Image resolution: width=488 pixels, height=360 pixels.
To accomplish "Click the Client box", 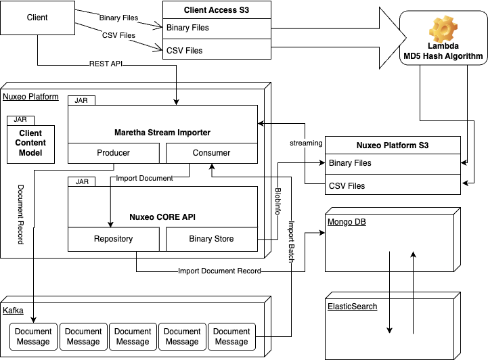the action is tap(37, 18).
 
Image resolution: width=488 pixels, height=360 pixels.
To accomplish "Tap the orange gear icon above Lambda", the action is tap(443, 29).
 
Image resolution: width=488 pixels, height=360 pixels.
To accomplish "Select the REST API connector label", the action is tap(106, 64).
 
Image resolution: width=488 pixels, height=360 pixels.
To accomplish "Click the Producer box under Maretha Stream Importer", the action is tap(114, 153).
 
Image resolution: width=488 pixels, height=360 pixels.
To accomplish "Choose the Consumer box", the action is tap(212, 153).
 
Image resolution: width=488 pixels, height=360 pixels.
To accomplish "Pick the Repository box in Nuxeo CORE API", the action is tap(114, 239).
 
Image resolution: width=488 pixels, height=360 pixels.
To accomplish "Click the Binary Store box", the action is tap(212, 239).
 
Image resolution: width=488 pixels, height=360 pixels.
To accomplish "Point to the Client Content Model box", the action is tap(31, 144).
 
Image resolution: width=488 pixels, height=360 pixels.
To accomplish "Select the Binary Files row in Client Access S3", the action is tap(217, 28).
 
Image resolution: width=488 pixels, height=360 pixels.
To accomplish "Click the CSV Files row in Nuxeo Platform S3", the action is tap(393, 185).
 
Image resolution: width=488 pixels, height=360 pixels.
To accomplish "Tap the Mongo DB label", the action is tap(347, 222).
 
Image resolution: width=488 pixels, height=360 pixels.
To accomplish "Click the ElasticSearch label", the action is tap(353, 307).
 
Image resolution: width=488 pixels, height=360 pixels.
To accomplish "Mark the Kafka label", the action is tap(13, 311).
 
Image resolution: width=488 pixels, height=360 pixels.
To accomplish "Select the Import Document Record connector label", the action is tap(219, 271).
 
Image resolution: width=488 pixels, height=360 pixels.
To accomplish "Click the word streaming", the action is tap(306, 143).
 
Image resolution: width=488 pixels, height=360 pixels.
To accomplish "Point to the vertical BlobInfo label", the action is tap(278, 201).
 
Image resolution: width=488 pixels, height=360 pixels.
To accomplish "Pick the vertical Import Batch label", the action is tap(291, 242).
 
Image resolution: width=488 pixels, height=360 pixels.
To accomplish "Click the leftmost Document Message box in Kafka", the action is tap(33, 337).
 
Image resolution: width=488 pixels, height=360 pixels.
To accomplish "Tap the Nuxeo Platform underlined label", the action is tap(30, 97).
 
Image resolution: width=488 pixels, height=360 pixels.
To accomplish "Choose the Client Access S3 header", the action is tap(217, 10).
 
